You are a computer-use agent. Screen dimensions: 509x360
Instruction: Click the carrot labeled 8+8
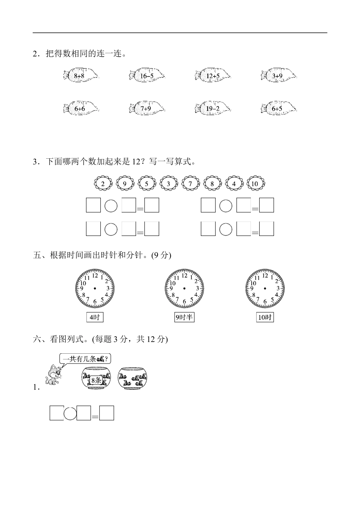tap(80, 75)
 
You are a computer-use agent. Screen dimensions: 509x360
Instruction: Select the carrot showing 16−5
tap(147, 75)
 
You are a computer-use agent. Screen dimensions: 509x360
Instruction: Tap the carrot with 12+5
tap(213, 75)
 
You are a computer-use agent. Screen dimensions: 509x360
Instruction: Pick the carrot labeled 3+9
tap(278, 75)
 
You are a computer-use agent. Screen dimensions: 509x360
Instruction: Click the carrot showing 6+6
tap(80, 108)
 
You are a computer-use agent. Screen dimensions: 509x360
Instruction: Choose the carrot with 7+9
tap(147, 108)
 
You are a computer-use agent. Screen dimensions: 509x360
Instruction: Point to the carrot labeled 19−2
tap(213, 108)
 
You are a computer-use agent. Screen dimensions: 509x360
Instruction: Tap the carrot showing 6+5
tap(278, 108)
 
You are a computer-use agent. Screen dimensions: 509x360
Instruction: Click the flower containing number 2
tap(103, 184)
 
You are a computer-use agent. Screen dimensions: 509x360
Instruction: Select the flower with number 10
tap(255, 184)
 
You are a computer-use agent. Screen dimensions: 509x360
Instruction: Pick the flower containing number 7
tap(190, 184)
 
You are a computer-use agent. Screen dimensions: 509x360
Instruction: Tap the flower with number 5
tap(147, 184)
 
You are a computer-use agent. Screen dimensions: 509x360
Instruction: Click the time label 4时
tap(94, 317)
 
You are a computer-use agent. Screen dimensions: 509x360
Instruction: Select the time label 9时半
tap(184, 317)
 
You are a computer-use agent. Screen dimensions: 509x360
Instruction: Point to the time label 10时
tap(265, 317)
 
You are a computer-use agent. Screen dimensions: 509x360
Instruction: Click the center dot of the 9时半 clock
tap(184, 289)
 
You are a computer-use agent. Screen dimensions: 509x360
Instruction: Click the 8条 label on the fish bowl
tap(96, 380)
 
